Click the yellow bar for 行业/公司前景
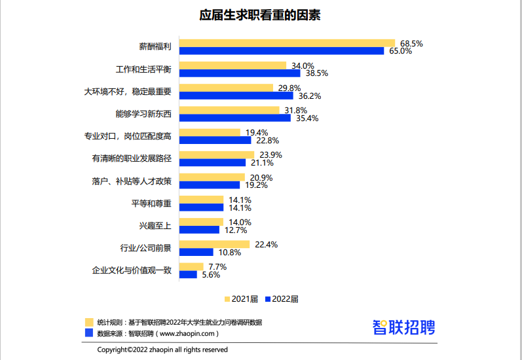click(x=214, y=245)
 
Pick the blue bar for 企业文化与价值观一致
click(x=188, y=275)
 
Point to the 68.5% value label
click(x=411, y=43)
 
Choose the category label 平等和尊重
click(x=151, y=204)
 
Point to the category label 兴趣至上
click(x=155, y=226)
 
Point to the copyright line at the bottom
click(x=162, y=350)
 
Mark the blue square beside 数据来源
click(x=88, y=333)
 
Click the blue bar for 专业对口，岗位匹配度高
click(x=215, y=140)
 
